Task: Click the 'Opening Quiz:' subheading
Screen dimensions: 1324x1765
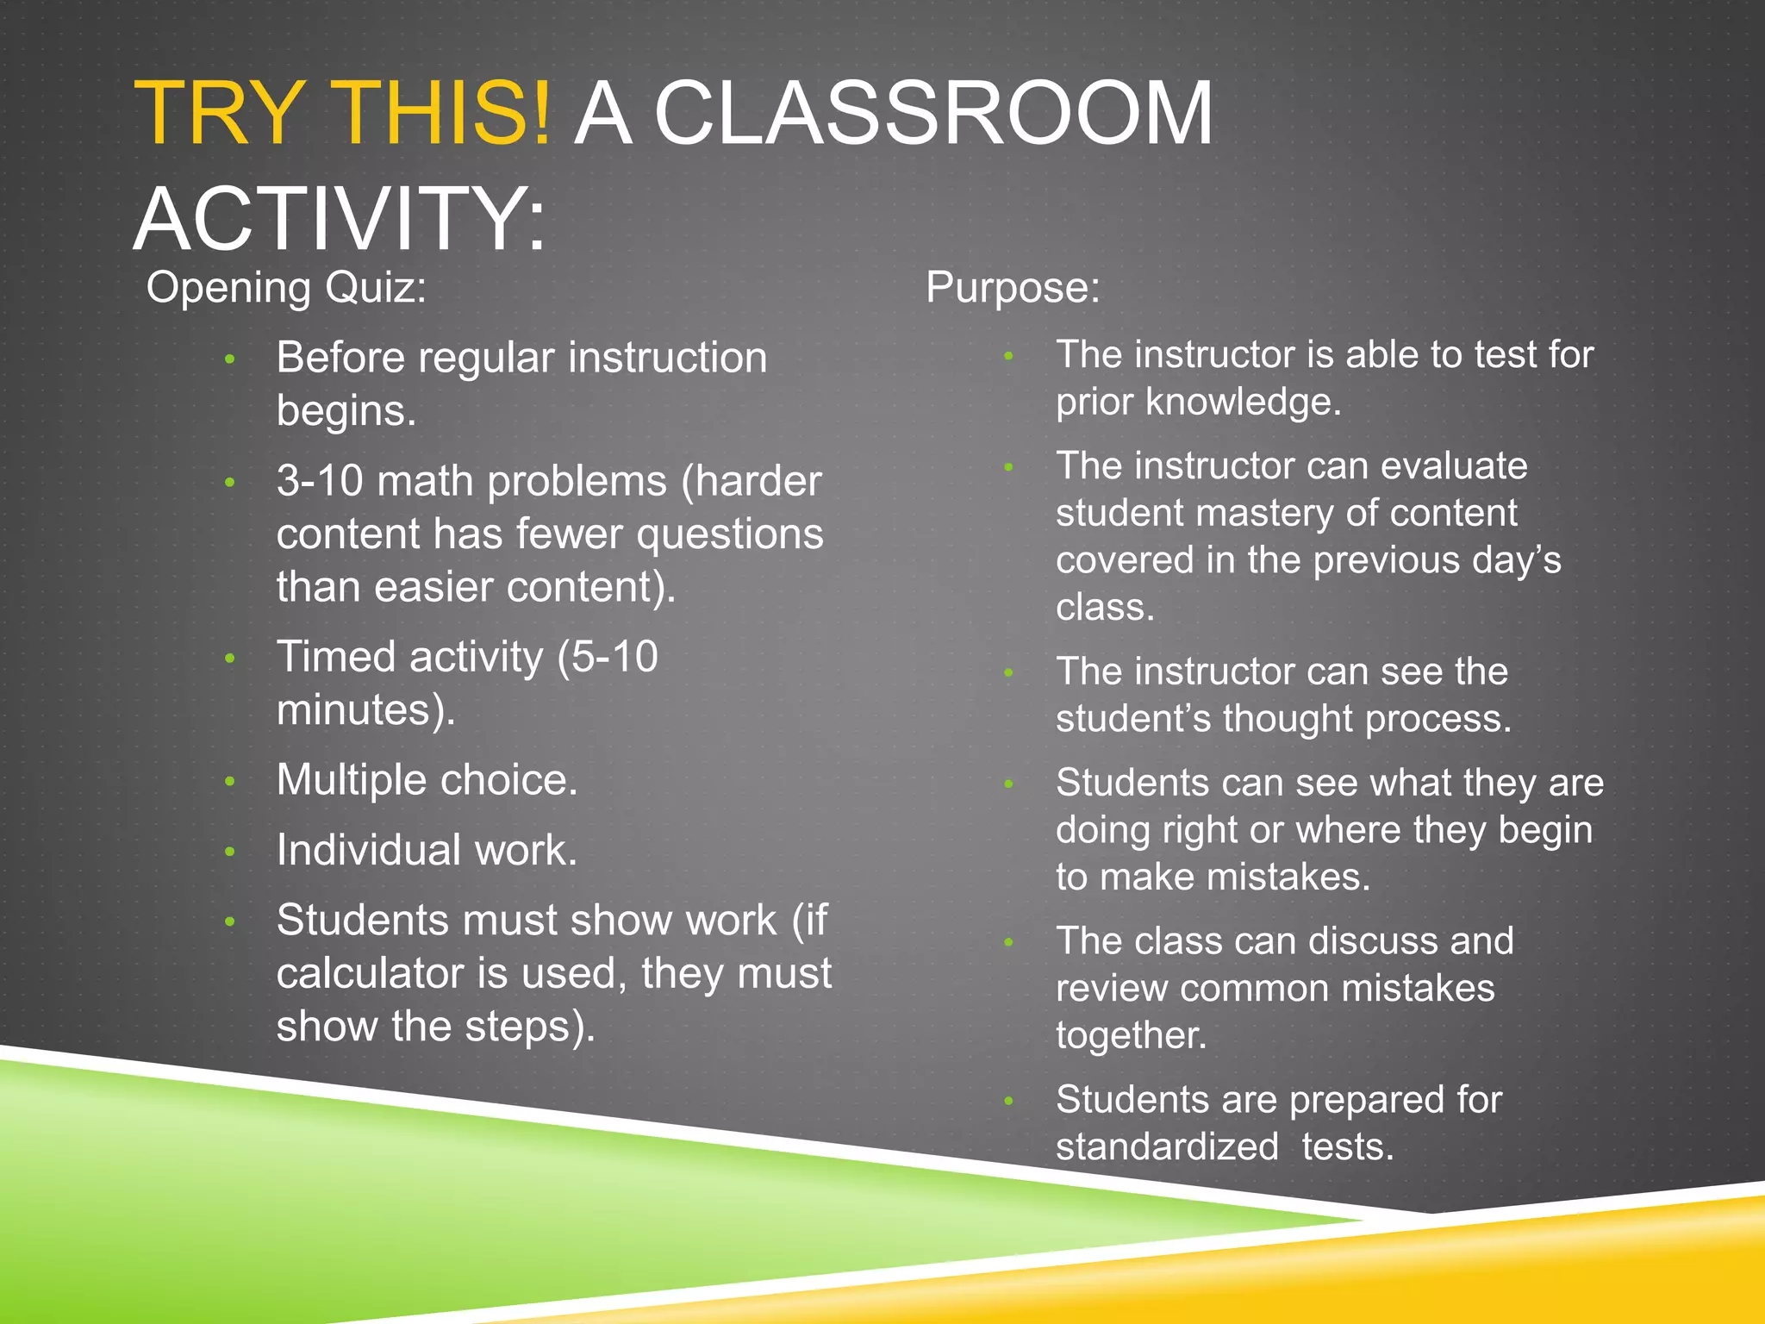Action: [x=286, y=287]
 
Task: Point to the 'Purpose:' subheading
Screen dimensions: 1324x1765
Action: [x=1013, y=287]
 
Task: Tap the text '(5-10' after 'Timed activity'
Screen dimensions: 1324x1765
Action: [x=608, y=657]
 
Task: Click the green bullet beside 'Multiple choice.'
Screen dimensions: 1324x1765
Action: [x=229, y=782]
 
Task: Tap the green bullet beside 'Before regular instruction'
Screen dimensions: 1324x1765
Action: [x=229, y=359]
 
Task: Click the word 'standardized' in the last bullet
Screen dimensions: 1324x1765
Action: [x=1167, y=1147]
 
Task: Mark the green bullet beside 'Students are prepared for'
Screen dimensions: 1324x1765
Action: [x=1009, y=1101]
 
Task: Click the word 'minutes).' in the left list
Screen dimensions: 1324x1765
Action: [x=365, y=710]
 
